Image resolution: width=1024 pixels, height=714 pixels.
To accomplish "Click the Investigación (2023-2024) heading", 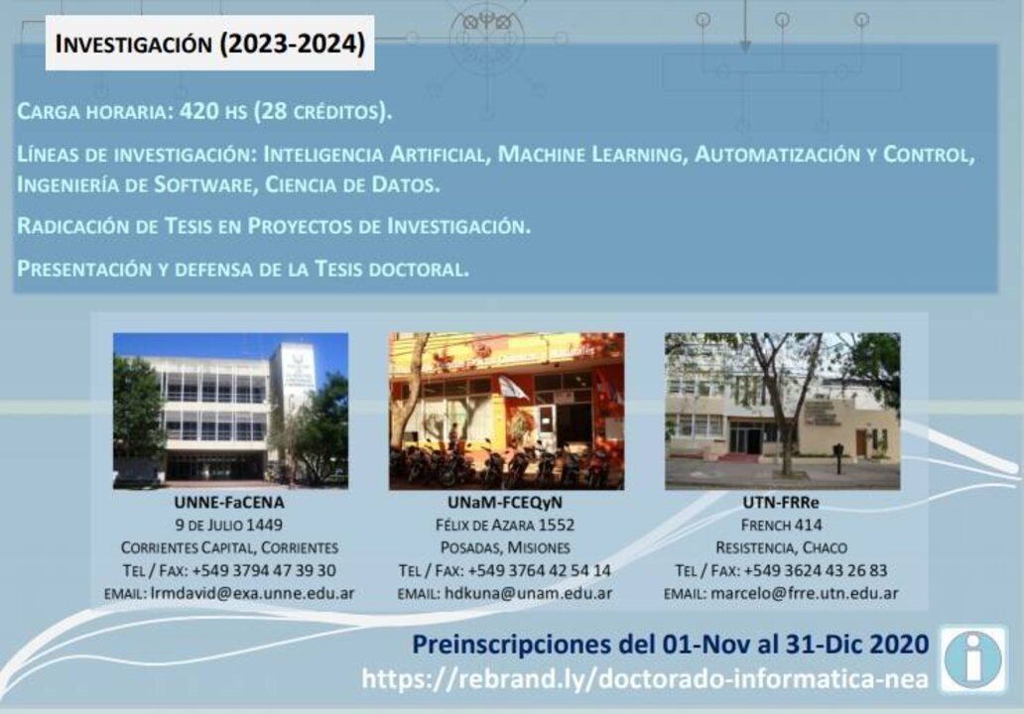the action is point(209,44).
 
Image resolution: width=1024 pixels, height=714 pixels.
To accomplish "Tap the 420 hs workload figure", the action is point(212,111).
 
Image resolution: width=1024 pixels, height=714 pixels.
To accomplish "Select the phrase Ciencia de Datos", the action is point(351,184).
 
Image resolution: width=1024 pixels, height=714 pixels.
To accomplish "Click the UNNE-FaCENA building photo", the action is point(230,412).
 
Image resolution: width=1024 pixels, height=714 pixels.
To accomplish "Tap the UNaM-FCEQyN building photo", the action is point(506,412).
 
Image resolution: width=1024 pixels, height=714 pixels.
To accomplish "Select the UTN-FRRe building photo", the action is point(782,412).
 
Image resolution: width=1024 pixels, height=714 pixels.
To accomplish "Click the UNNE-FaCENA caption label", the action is point(229,503).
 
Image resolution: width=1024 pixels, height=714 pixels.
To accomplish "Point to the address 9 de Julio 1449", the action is point(228,525).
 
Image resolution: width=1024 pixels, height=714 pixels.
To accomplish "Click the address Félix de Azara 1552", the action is point(505,525).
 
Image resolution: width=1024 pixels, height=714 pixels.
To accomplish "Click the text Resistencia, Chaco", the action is point(781,547).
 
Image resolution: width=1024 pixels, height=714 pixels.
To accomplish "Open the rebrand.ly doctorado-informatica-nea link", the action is point(645,678).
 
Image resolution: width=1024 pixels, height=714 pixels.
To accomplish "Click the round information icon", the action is point(973,659).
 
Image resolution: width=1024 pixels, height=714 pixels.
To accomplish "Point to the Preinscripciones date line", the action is point(671,645).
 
